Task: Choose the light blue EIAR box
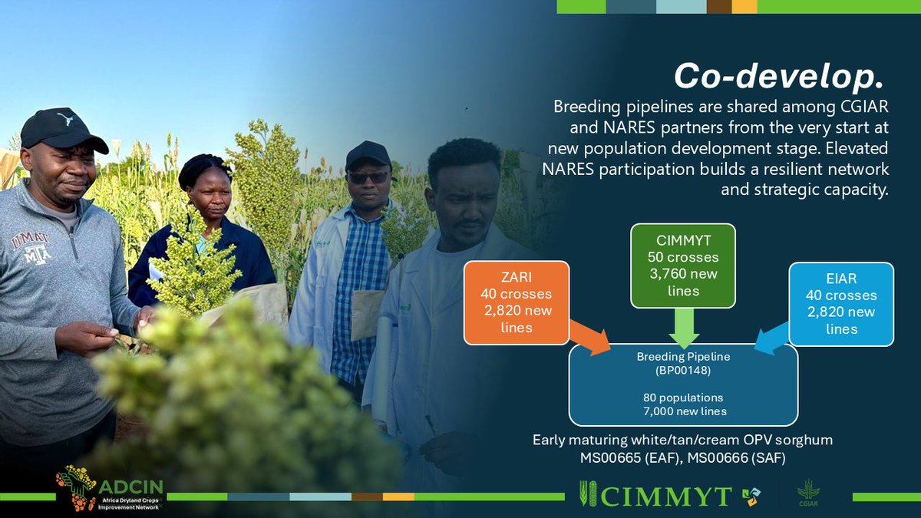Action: [x=840, y=303]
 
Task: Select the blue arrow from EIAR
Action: [x=774, y=338]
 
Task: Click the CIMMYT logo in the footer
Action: [x=657, y=496]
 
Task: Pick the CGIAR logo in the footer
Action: [x=808, y=492]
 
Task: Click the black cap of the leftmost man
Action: [x=61, y=129]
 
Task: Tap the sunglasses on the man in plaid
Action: [x=369, y=177]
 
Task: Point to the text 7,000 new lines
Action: [x=683, y=412]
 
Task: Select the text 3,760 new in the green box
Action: [x=683, y=274]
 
